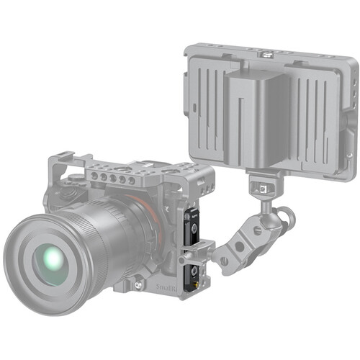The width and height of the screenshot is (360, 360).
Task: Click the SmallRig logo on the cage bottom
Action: click(165, 286)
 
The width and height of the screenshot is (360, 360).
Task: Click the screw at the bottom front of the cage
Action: click(137, 286)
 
